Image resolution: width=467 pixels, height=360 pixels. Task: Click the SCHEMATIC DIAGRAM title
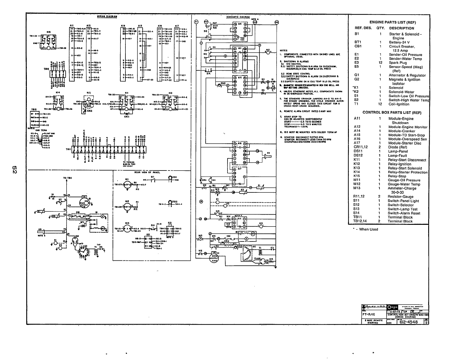tap(238, 17)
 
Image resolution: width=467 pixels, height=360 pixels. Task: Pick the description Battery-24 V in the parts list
tap(399, 42)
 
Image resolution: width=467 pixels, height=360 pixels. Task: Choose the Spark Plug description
tap(398, 63)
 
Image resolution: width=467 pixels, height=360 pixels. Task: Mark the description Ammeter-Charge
tap(402, 188)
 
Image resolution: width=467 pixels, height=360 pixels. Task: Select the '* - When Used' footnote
tap(365, 229)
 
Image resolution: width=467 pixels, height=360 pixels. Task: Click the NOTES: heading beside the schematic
tap(284, 50)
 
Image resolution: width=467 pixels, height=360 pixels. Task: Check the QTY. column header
tap(380, 28)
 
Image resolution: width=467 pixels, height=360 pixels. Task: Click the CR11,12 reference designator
tap(361, 147)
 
